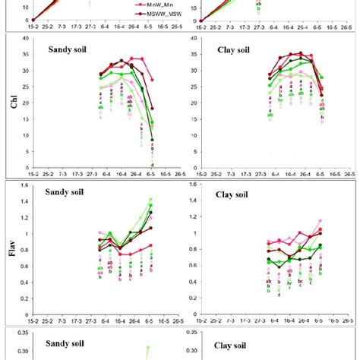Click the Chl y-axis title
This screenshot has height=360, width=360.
point(12,101)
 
